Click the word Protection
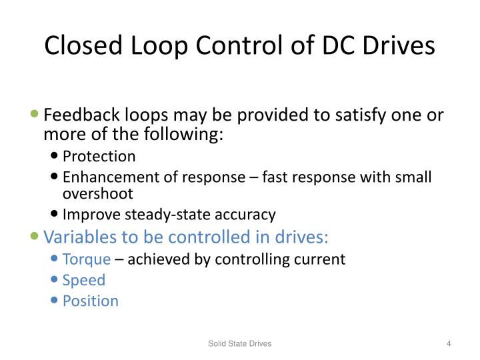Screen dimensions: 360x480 [x=99, y=157]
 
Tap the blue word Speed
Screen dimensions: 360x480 [x=84, y=280]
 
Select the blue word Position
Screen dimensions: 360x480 [x=91, y=301]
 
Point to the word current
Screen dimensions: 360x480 [x=319, y=259]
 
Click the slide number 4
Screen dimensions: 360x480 [x=449, y=343]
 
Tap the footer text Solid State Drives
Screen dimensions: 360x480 [x=239, y=343]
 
